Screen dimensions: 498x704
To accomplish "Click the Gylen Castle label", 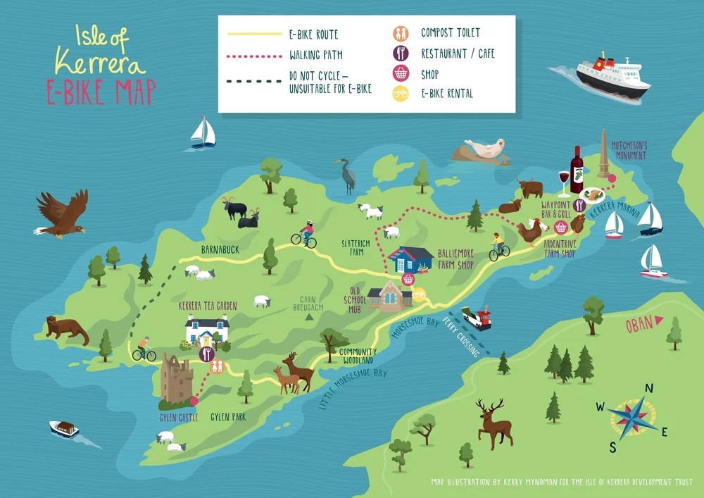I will pyautogui.click(x=178, y=418).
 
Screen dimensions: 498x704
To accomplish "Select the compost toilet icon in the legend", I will pyautogui.click(x=399, y=33).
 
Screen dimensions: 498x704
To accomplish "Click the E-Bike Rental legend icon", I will pyautogui.click(x=399, y=93).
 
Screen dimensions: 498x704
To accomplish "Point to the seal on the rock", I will pyautogui.click(x=485, y=150).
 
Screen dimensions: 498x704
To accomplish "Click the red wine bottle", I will pyautogui.click(x=577, y=170).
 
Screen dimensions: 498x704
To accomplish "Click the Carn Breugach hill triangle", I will pyautogui.click(x=308, y=318).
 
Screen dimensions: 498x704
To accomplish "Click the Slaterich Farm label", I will pyautogui.click(x=355, y=247).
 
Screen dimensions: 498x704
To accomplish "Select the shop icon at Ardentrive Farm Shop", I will pyautogui.click(x=560, y=227).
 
